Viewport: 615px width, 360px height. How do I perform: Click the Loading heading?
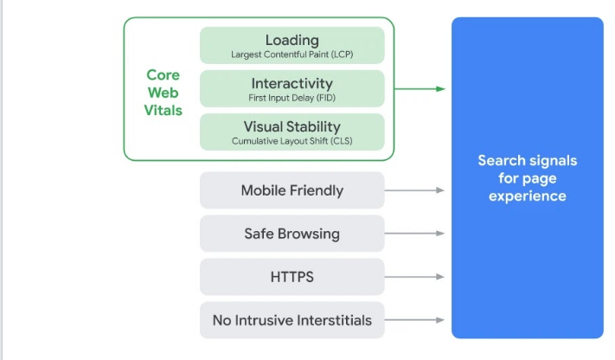coord(291,40)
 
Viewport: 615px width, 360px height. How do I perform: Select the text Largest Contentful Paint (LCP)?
coord(291,55)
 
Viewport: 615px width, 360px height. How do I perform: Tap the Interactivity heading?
coord(291,83)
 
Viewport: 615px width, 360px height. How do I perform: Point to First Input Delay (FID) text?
coord(291,98)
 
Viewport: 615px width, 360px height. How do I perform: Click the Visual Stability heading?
coord(291,126)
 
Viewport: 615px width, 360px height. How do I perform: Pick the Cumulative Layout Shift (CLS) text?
coord(291,141)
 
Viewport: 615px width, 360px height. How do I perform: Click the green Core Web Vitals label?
coord(163,93)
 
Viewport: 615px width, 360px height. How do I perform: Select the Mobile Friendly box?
coord(291,190)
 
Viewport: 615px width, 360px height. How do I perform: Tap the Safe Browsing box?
coord(291,234)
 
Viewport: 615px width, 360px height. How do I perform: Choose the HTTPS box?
coord(291,277)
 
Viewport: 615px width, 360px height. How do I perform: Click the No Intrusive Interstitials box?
coord(291,320)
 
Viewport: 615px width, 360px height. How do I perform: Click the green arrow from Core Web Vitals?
coord(420,88)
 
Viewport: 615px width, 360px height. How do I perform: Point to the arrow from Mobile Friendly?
coord(415,190)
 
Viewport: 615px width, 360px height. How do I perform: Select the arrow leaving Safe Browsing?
coord(415,234)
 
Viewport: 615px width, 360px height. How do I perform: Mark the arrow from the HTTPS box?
coord(415,277)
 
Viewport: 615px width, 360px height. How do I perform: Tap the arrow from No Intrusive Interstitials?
coord(415,320)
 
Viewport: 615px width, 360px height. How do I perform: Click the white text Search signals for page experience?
coord(527,178)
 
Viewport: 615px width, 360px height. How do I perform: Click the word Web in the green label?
coord(163,93)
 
